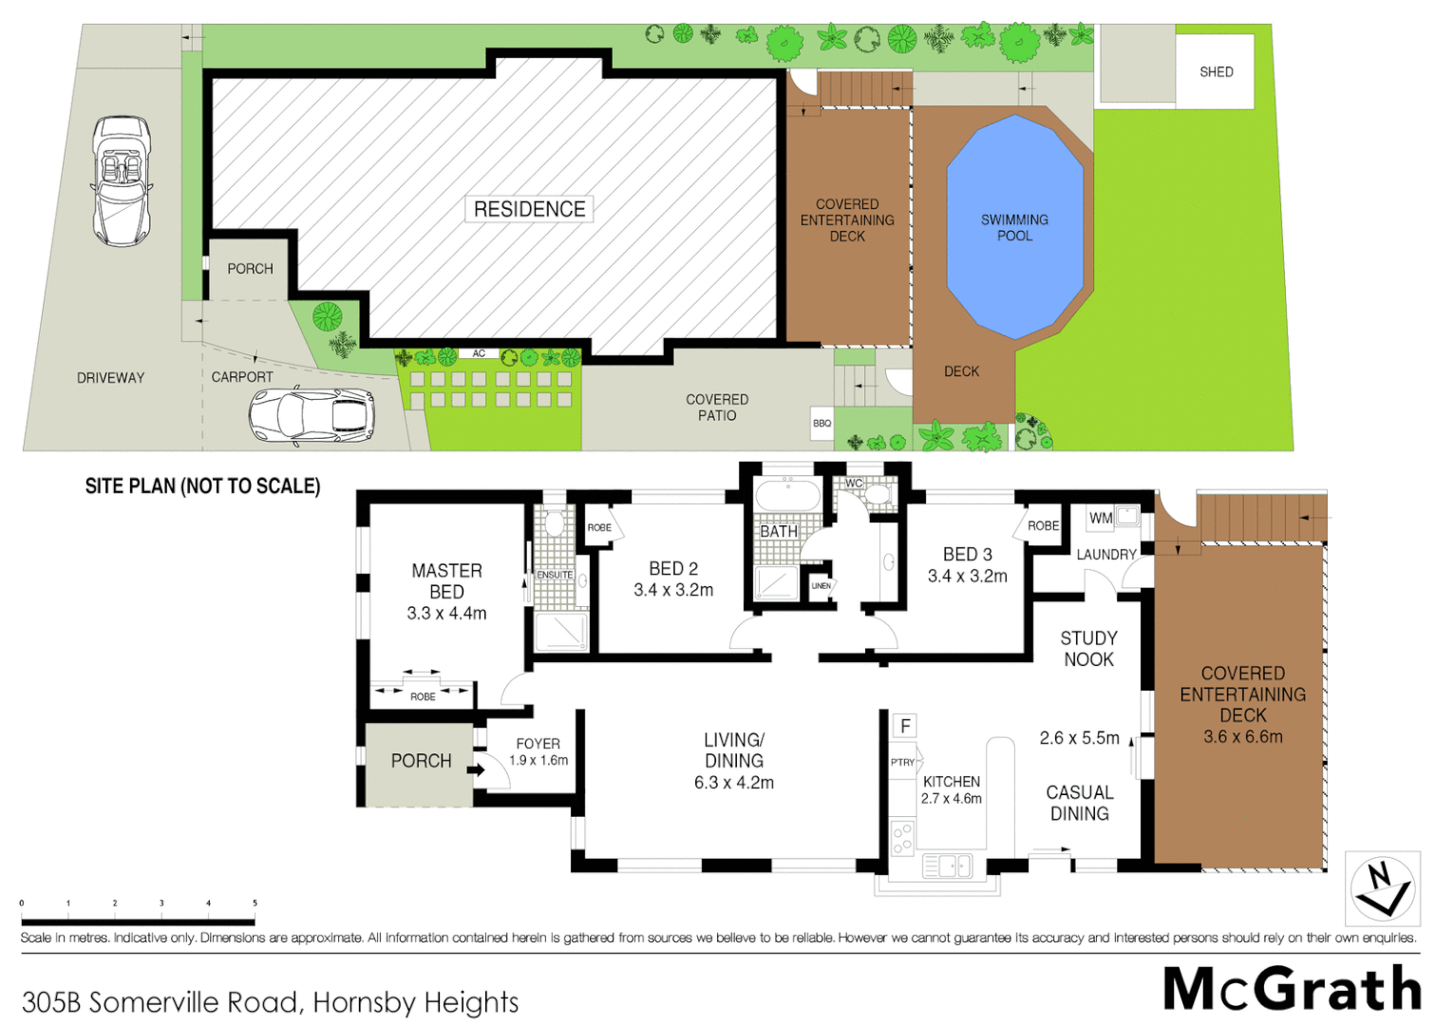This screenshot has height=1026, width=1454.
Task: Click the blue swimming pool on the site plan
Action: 1014,228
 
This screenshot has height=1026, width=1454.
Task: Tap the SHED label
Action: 1216,72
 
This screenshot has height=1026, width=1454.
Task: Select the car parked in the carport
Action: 312,416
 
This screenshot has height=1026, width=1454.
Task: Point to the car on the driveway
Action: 122,180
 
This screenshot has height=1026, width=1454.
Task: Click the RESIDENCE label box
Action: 529,209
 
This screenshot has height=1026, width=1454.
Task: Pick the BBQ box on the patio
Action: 821,424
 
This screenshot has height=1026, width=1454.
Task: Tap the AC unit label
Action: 479,353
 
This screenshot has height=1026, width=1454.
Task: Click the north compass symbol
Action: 1382,889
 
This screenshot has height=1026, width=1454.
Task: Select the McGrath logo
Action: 1292,989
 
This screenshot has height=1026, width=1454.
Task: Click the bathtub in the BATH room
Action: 786,496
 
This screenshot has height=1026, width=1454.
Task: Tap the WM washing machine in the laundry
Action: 1101,518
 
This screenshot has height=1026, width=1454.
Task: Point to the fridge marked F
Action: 905,726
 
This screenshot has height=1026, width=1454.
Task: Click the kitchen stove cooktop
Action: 902,838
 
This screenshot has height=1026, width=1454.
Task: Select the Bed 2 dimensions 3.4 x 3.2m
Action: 673,590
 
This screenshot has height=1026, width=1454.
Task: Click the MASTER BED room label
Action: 446,580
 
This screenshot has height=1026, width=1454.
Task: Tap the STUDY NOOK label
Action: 1088,649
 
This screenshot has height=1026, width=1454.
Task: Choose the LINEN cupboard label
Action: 821,586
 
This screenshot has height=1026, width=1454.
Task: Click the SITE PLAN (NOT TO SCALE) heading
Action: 202,486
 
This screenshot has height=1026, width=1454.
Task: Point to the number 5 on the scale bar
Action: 255,903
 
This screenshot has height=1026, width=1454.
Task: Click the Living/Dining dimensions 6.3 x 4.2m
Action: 733,783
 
